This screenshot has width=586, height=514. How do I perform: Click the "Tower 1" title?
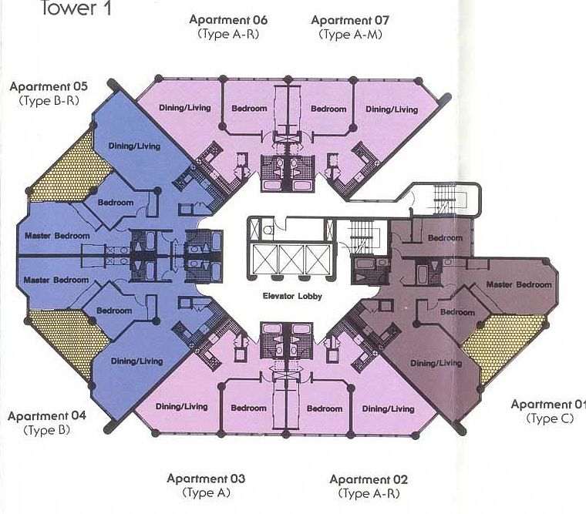tap(72, 8)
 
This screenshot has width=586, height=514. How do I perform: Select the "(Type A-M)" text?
tap(348, 35)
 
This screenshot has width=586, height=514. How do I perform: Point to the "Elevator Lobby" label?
tap(291, 294)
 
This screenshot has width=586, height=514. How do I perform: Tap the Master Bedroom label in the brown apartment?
tap(518, 285)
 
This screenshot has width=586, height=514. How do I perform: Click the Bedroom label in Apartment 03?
tap(248, 408)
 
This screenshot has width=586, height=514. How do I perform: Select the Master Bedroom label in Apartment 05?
tap(56, 236)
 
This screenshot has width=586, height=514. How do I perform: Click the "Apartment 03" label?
tap(206, 479)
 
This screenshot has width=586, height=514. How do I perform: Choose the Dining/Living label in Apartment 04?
tap(136, 361)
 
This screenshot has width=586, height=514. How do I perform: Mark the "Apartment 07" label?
tap(348, 20)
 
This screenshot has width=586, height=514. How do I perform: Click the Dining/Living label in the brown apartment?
tap(436, 363)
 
